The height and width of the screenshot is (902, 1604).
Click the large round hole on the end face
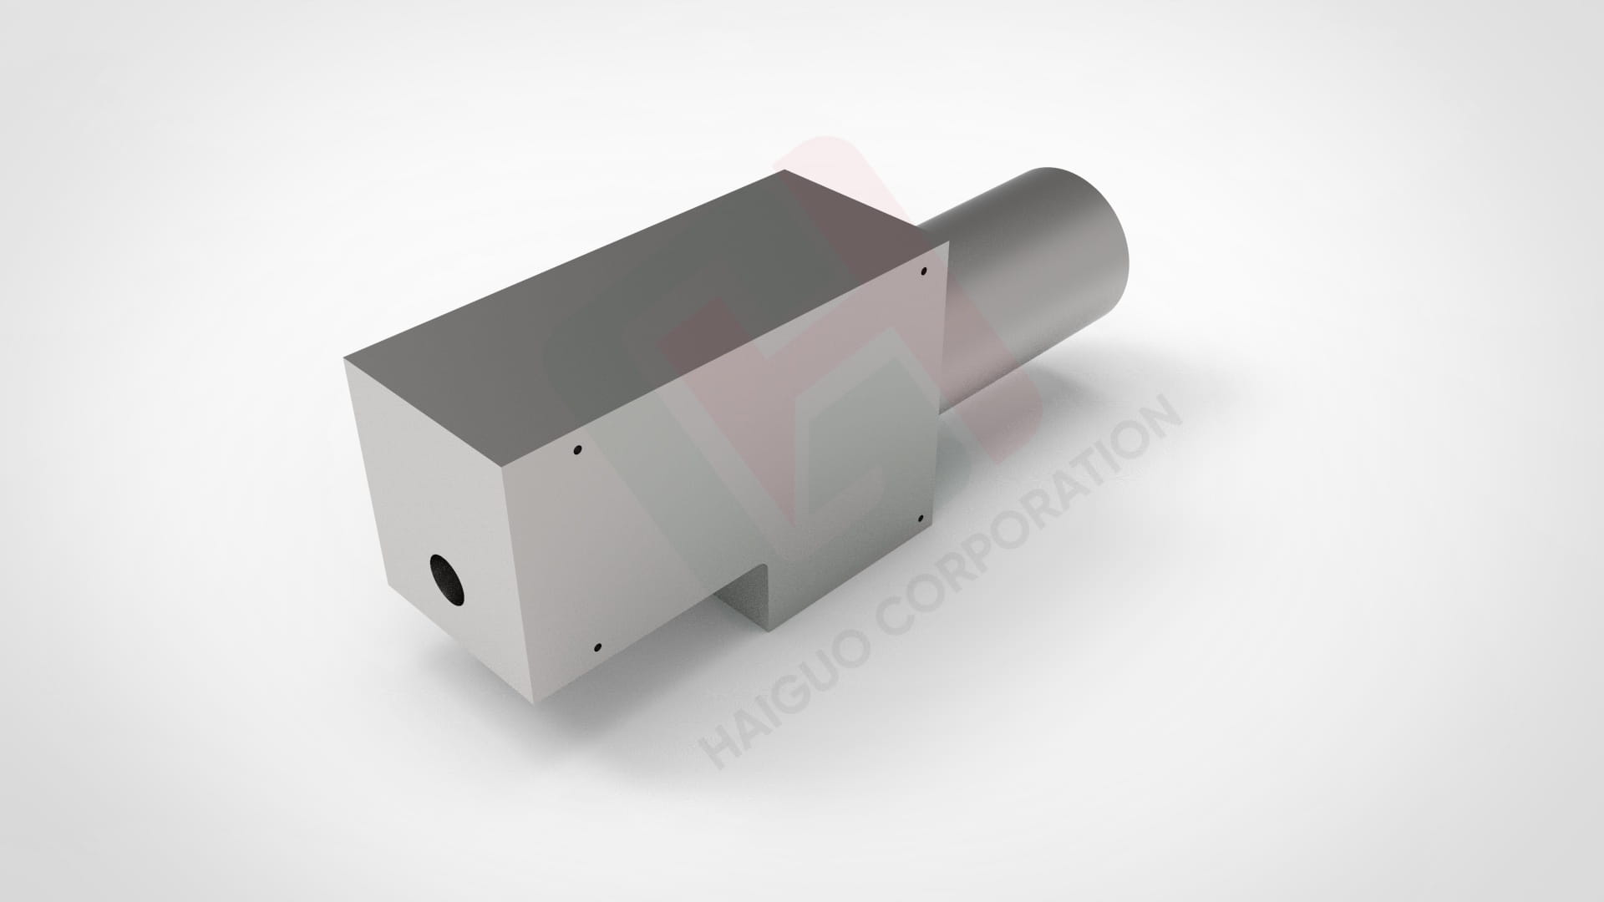447,578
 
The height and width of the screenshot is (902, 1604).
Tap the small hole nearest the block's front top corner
577,451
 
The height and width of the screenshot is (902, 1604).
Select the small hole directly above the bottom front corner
597,647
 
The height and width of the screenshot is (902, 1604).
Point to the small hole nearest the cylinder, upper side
924,271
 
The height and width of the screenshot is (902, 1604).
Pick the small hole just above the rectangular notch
921,519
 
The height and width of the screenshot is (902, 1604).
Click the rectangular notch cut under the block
744,597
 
